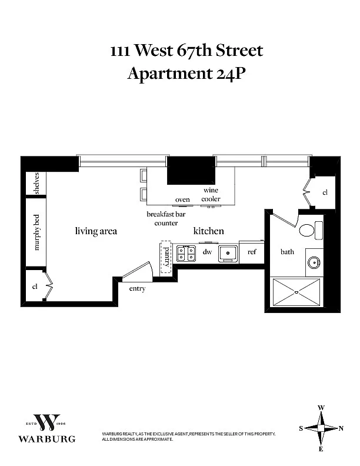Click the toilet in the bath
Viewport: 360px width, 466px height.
tap(311, 230)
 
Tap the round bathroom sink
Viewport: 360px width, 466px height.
tap(314, 263)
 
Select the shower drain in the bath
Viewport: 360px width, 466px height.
tap(296, 292)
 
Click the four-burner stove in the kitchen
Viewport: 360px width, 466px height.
tap(186, 254)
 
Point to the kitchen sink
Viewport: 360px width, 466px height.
tap(228, 254)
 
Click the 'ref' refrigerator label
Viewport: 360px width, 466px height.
tap(252, 252)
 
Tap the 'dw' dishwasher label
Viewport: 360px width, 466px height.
tap(207, 252)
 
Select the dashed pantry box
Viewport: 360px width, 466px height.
tap(166, 257)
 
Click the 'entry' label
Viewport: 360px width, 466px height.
tap(137, 288)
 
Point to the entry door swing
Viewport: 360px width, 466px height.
tap(137, 271)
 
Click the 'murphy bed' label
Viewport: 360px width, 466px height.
tap(36, 232)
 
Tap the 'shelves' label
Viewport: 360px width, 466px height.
tap(36, 183)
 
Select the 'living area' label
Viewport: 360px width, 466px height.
tap(96, 231)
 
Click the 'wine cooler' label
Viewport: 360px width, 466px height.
tap(211, 194)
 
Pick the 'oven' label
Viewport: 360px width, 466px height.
tap(182, 199)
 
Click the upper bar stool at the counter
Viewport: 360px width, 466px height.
tap(144, 175)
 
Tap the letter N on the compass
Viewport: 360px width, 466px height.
tap(341, 428)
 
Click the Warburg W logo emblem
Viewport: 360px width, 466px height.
tap(47, 422)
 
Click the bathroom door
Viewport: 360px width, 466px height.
tap(285, 220)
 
